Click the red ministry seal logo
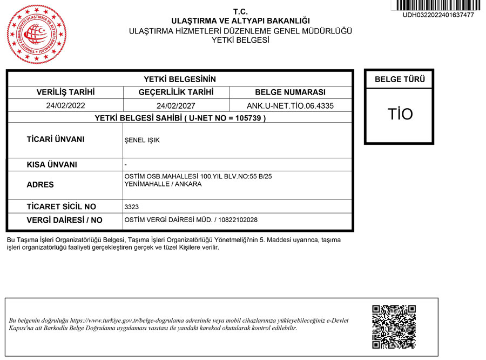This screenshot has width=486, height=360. coord(37,34)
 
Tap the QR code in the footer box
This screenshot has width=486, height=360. coord(394,326)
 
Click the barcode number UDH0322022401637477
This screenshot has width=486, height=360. coord(438,15)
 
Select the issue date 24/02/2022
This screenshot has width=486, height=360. coord(66,106)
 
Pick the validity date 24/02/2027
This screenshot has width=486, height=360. coord(176,106)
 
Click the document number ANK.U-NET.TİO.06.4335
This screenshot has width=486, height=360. coord(290,106)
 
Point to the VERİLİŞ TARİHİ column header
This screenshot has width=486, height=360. coord(65,92)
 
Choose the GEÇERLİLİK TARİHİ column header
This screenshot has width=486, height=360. coord(176,92)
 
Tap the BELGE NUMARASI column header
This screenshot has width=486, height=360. coord(290,92)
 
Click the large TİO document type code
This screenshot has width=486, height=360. coord(400,114)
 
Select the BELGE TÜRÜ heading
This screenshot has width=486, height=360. coord(400,79)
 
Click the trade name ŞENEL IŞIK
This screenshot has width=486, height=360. coord(142,141)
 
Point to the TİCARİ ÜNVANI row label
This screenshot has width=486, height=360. coord(56,139)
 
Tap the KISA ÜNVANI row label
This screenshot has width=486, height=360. coord(52,165)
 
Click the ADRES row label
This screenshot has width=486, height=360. coord(40,185)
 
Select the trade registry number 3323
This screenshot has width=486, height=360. coord(132,207)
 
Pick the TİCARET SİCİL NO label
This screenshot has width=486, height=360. coord(61,206)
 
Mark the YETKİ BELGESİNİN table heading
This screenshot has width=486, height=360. coord(180,79)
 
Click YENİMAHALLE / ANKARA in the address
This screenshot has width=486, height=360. coord(163,184)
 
